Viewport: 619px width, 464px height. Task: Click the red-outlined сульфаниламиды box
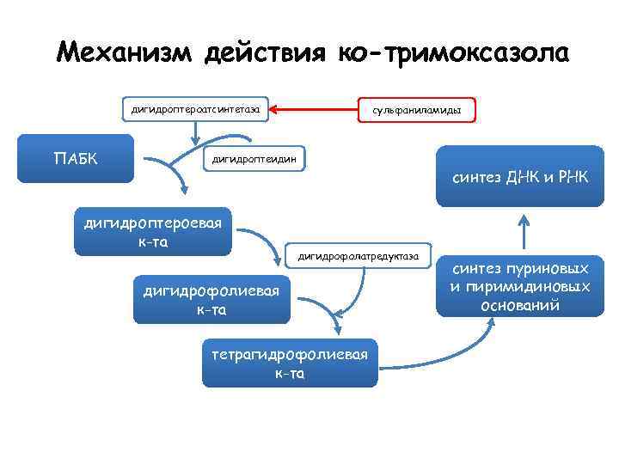pos(416,111)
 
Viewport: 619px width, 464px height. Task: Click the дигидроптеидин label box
pos(254,159)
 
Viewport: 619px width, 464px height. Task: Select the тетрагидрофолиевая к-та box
pos(289,362)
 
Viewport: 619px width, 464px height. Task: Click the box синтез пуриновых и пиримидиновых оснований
pos(520,287)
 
